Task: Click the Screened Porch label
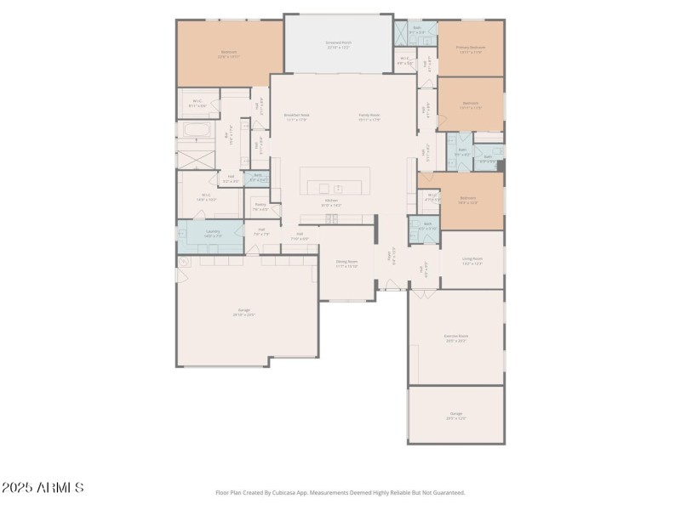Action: (339, 43)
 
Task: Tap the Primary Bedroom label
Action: (471, 49)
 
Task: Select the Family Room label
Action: (369, 116)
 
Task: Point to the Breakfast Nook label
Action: (296, 116)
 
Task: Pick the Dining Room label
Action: (346, 263)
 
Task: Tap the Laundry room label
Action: (212, 233)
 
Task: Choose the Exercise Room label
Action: (455, 337)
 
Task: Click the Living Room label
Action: (472, 260)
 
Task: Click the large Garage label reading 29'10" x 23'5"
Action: (243, 312)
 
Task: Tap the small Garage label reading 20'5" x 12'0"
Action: (456, 416)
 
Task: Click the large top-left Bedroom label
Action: (229, 54)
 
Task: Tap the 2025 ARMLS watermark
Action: (43, 488)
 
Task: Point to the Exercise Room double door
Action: (423, 292)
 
